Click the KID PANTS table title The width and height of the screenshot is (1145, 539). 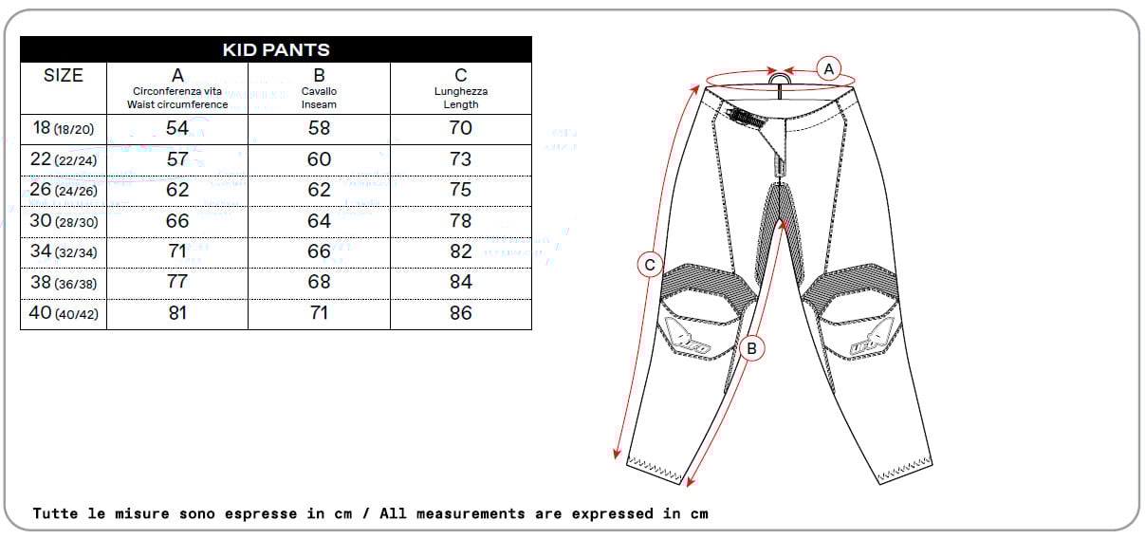click(x=276, y=49)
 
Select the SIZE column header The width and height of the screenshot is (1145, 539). click(x=64, y=75)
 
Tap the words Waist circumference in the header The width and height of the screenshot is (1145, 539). click(x=177, y=104)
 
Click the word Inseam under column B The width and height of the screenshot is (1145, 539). click(x=319, y=104)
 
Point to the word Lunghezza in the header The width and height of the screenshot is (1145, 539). click(x=460, y=91)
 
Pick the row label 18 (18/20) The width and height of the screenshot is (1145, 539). click(x=64, y=128)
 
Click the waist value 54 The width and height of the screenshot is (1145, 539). click(x=177, y=128)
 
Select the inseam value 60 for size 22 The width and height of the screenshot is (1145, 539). click(x=319, y=159)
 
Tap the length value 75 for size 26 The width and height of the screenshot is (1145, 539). click(x=460, y=190)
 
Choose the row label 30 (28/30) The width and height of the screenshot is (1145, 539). click(x=64, y=221)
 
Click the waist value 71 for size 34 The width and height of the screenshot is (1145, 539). click(x=177, y=251)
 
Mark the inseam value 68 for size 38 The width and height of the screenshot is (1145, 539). click(x=319, y=282)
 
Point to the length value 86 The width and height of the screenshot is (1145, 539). click(x=460, y=312)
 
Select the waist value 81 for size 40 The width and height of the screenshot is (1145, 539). click(x=177, y=312)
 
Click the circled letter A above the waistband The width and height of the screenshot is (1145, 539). click(x=828, y=68)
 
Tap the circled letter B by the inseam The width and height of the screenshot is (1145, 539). click(x=751, y=349)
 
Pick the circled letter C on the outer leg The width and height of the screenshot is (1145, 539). click(x=650, y=265)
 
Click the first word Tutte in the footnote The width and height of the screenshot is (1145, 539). click(x=55, y=513)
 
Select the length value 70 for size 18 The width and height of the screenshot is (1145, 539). click(x=460, y=128)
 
